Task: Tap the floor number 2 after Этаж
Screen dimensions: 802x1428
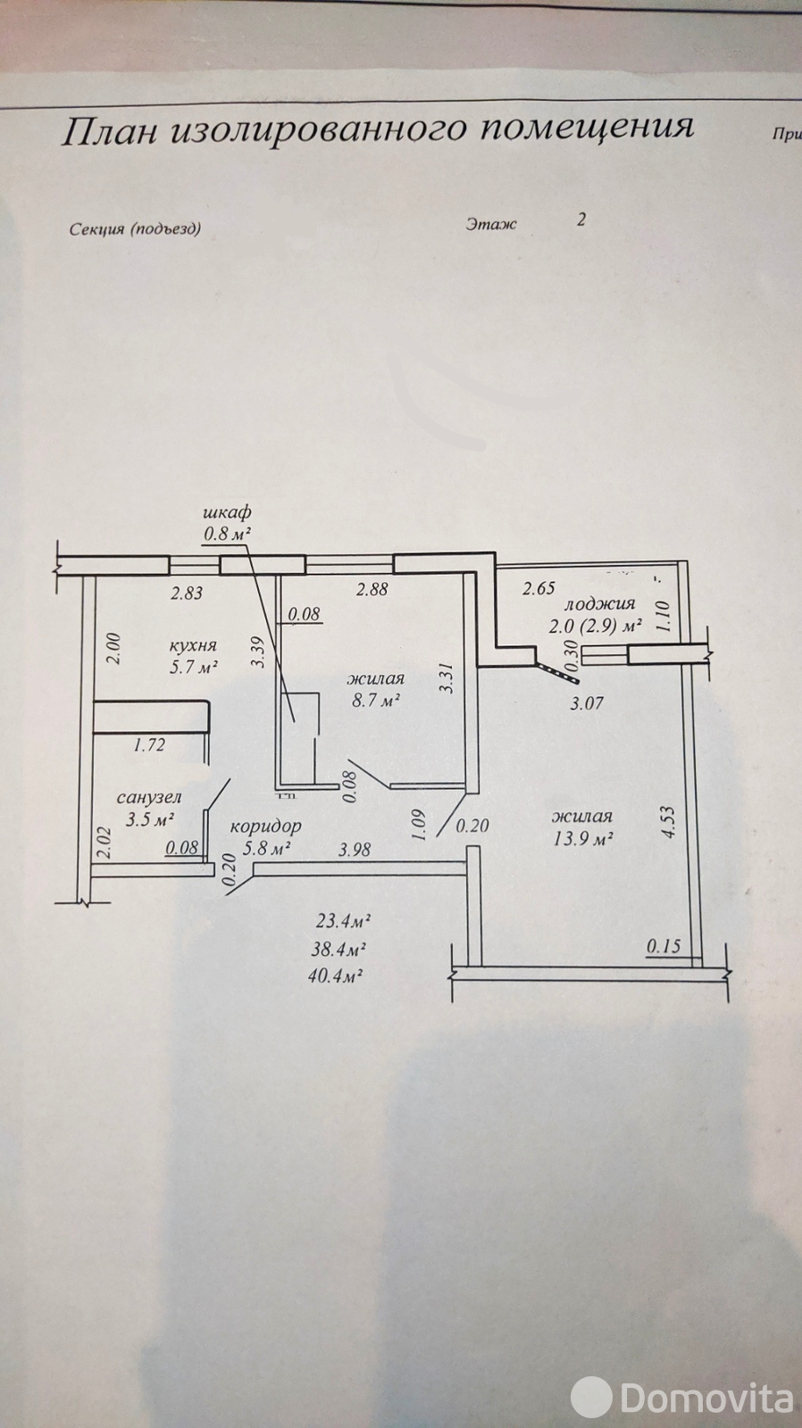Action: pyautogui.click(x=581, y=220)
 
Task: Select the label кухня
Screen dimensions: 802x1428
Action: pyautogui.click(x=193, y=646)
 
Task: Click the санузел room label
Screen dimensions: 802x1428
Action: pyautogui.click(x=149, y=797)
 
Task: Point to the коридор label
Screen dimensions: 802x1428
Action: pyautogui.click(x=265, y=826)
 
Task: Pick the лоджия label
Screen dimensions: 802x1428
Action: pyautogui.click(x=600, y=602)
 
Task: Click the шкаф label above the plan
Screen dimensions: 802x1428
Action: pyautogui.click(x=227, y=512)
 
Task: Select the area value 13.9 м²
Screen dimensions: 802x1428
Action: pyautogui.click(x=582, y=838)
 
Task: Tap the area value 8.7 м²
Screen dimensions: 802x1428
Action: pyautogui.click(x=376, y=700)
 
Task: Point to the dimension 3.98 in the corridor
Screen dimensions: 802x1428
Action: pyautogui.click(x=355, y=849)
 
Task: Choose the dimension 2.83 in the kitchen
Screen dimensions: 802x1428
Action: pyautogui.click(x=187, y=594)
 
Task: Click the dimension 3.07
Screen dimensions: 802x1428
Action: pyautogui.click(x=586, y=704)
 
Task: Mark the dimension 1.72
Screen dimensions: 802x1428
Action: pyautogui.click(x=149, y=744)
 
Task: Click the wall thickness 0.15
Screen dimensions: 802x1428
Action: pyautogui.click(x=664, y=947)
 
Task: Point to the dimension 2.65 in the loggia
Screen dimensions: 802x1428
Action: pyautogui.click(x=539, y=588)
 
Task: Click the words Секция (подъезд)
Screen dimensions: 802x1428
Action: pyautogui.click(x=135, y=228)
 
